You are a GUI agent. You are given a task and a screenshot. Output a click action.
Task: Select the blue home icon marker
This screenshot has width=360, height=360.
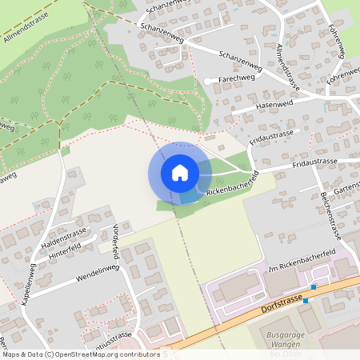(x=179, y=171)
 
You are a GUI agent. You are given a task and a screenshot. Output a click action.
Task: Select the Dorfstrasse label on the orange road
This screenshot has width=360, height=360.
(x=282, y=302)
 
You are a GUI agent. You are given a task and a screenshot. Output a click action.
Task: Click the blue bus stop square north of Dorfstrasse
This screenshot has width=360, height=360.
(x=314, y=286)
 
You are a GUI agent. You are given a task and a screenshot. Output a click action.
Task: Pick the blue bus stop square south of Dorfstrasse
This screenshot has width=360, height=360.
(x=305, y=302)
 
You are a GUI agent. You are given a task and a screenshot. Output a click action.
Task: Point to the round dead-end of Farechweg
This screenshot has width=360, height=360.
(x=207, y=81)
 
